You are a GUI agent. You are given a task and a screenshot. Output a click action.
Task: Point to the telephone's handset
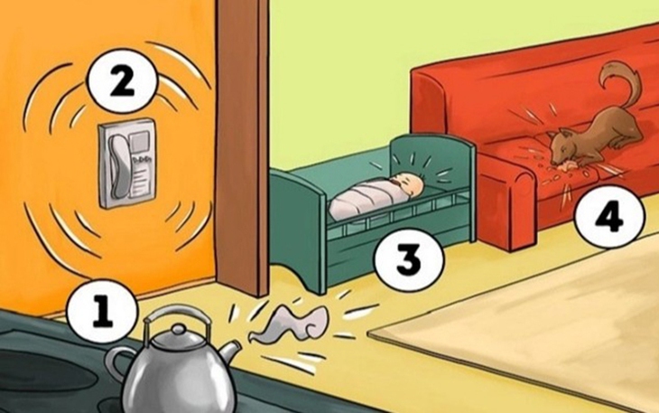click(x=113, y=163)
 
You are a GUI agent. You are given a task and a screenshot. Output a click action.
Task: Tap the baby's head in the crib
click(x=412, y=186)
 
